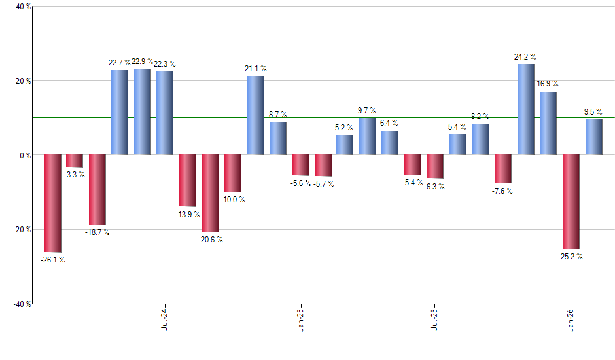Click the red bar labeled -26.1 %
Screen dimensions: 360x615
pyautogui.click(x=53, y=204)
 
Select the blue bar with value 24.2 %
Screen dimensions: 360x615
pyautogui.click(x=526, y=109)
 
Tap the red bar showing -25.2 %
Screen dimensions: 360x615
pyautogui.click(x=571, y=202)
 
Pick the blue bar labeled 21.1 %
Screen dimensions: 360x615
pyautogui.click(x=256, y=115)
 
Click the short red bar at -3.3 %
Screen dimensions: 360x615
pyautogui.click(x=75, y=161)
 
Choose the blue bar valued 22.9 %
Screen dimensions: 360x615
pyautogui.click(x=143, y=112)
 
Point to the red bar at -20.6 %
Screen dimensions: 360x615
pyautogui.click(x=211, y=193)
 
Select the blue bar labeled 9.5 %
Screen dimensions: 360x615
pyautogui.click(x=593, y=137)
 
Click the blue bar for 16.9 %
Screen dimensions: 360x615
pyautogui.click(x=548, y=123)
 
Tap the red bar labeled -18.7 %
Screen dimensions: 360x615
pyautogui.click(x=97, y=190)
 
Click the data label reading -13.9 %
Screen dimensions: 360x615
pyautogui.click(x=187, y=215)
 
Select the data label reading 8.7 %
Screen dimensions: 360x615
pyautogui.click(x=278, y=115)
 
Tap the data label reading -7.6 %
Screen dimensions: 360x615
pyautogui.click(x=503, y=191)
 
